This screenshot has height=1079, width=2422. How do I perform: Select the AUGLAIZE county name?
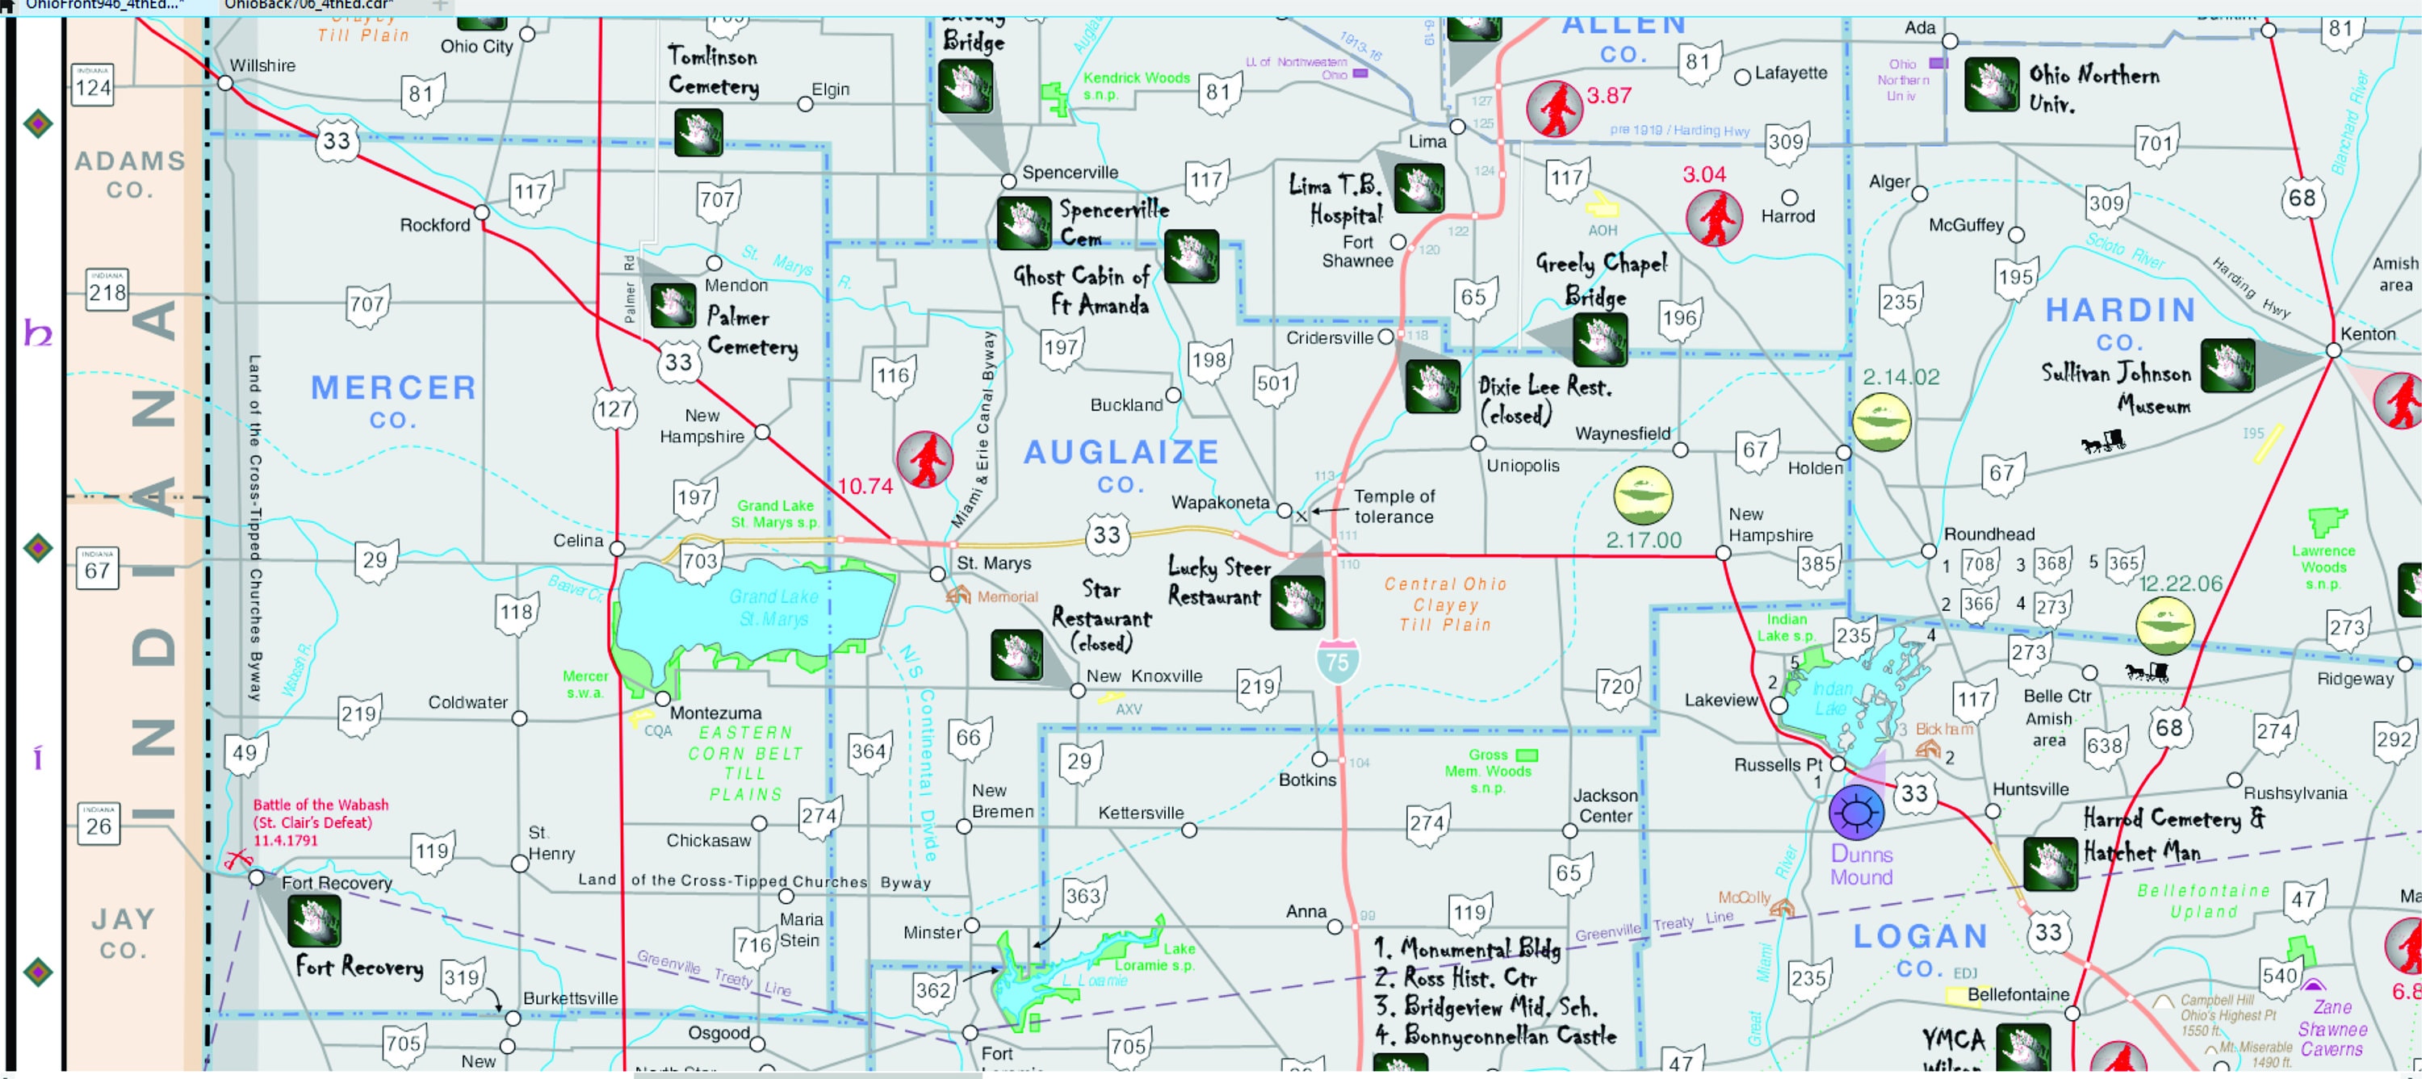point(1121,453)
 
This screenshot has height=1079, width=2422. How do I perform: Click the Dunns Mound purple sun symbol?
point(1856,812)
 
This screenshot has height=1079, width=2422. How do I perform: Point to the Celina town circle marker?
point(617,549)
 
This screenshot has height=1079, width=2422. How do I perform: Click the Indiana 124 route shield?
point(93,86)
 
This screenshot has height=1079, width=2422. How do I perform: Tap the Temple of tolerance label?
point(1393,507)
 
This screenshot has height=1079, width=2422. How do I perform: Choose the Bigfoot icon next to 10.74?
point(924,460)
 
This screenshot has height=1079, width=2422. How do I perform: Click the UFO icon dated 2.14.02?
point(1880,422)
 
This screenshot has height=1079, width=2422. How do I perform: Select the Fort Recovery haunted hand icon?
point(314,920)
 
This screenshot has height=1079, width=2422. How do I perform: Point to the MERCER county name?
point(393,388)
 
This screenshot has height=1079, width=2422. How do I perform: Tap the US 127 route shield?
point(614,410)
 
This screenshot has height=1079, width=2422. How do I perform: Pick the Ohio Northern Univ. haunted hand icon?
point(1990,86)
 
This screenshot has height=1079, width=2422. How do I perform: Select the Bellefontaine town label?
point(2018,994)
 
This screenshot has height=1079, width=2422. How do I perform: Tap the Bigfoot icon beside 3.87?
point(1553,109)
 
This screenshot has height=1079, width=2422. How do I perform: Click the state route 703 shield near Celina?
point(699,561)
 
